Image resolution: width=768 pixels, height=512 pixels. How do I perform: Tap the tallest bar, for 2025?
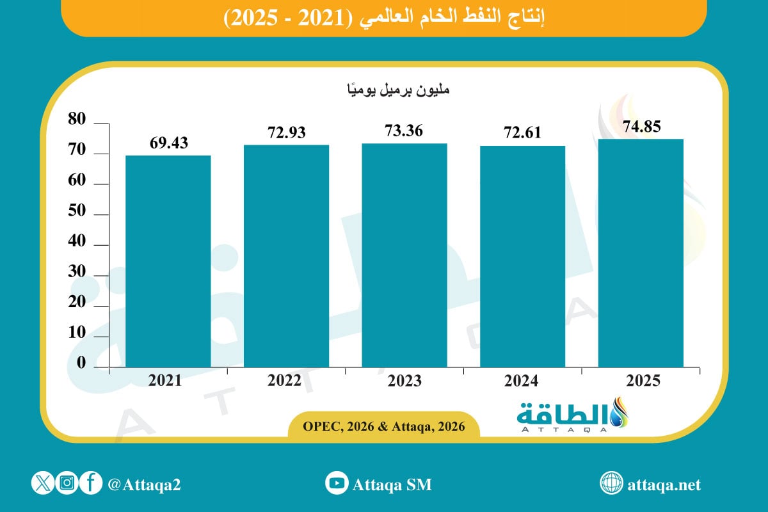641,253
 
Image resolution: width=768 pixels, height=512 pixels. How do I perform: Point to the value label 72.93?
286,133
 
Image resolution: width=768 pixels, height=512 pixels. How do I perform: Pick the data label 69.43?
168,143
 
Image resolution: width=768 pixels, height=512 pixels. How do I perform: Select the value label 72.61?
522,133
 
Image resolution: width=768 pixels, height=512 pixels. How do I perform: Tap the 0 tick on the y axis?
81,363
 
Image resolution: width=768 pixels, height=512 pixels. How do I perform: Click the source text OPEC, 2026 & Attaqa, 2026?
384,425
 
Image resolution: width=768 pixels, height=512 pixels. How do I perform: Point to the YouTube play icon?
336,484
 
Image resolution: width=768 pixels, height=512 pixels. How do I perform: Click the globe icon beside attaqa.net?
611,484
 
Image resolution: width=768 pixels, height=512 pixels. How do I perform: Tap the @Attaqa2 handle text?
144,484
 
